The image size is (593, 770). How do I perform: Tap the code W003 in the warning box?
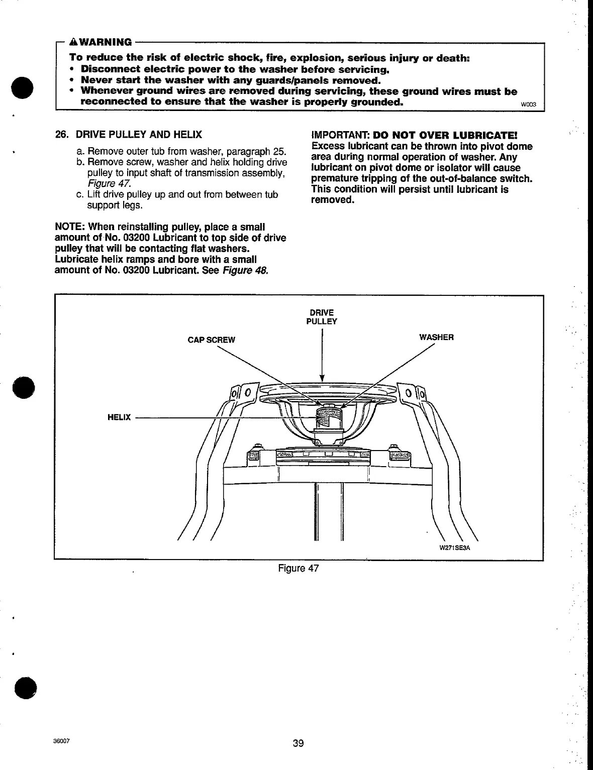[x=529, y=105]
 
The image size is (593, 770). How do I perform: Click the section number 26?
[x=61, y=135]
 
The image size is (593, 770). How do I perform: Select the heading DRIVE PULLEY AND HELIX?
[x=139, y=135]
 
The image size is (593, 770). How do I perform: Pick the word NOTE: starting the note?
[x=68, y=228]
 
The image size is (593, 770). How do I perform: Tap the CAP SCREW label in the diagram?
[x=211, y=340]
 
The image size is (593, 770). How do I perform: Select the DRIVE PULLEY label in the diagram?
[x=322, y=317]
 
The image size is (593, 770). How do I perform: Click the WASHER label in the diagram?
[x=436, y=338]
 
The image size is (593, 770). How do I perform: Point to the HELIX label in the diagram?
[x=119, y=417]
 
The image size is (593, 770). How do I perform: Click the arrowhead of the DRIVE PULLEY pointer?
[x=322, y=378]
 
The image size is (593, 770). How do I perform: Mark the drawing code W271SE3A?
[x=454, y=548]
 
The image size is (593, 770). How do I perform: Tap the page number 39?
[x=299, y=743]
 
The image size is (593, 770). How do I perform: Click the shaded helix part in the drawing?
[x=327, y=416]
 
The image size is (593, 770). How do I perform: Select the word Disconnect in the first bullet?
[x=110, y=69]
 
